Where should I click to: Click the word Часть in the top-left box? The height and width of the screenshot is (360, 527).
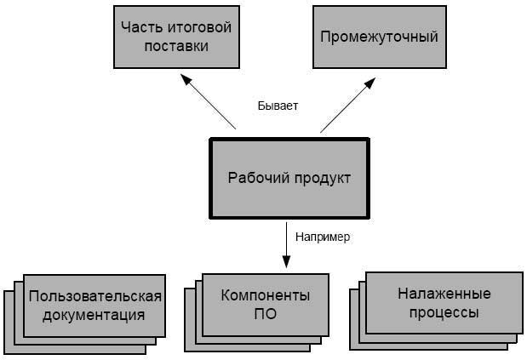click(141, 27)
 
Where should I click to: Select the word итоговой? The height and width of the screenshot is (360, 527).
click(199, 27)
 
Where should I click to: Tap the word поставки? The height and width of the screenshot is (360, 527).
click(176, 46)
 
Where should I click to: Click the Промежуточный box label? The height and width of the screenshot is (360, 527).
click(379, 37)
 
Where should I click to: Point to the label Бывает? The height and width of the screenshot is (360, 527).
click(278, 106)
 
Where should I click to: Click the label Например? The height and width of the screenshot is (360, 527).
click(323, 237)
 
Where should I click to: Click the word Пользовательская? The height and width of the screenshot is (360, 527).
click(95, 296)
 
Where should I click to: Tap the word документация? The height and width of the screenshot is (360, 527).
click(94, 316)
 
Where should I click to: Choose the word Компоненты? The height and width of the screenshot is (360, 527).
click(266, 295)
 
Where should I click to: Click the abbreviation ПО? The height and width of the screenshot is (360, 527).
click(265, 314)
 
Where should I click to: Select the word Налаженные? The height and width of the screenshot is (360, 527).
click(444, 294)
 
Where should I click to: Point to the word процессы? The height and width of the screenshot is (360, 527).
click(444, 313)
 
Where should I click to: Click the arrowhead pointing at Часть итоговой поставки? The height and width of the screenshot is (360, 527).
click(186, 80)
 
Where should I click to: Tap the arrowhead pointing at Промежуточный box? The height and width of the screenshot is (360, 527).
click(370, 83)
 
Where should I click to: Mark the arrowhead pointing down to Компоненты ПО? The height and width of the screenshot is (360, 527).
click(286, 262)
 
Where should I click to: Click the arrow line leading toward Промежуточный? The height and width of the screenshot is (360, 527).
click(348, 106)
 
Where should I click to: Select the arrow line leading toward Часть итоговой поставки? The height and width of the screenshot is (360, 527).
click(208, 101)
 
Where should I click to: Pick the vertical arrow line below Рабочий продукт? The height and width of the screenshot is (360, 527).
click(286, 245)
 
